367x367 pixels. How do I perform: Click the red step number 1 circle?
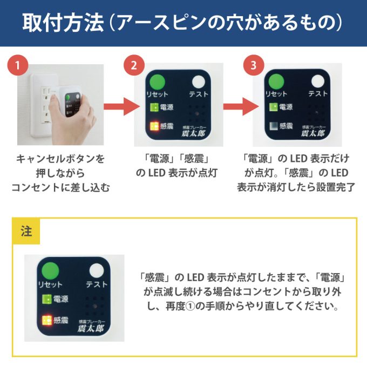point(18,66)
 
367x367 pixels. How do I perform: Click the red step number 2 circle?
point(131,66)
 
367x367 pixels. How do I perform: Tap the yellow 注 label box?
point(26,232)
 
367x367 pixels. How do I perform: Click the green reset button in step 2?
point(157,83)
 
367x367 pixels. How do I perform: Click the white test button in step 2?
point(199,83)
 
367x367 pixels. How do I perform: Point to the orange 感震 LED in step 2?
point(153,127)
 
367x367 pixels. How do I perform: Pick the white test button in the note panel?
point(98,270)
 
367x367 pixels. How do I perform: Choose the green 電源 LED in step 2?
point(153,107)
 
